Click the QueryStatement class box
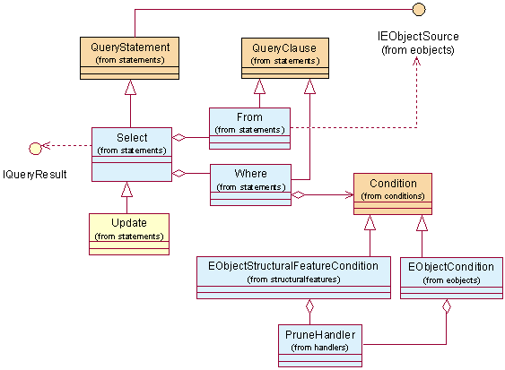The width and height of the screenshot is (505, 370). tap(129, 58)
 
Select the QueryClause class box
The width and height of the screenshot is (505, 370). tap(285, 58)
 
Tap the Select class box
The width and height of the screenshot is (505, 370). tap(132, 154)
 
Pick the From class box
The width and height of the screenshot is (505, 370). tap(249, 128)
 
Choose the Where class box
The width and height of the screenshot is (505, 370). tap(250, 185)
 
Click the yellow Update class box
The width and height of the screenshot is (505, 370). tap(129, 234)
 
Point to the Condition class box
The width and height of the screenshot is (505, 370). tap(393, 194)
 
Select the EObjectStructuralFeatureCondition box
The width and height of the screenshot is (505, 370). tap(293, 278)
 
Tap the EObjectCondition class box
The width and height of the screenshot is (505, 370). tap(451, 278)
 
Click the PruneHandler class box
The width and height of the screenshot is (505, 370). tap(320, 346)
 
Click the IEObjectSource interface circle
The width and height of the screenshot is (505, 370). tap(419, 9)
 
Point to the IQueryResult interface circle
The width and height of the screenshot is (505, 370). tap(35, 149)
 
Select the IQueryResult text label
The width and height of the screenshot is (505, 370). tap(35, 175)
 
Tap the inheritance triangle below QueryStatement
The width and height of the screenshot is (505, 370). tap(130, 87)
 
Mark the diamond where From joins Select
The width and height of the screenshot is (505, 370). tap(178, 138)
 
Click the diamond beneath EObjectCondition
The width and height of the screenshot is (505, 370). tap(447, 306)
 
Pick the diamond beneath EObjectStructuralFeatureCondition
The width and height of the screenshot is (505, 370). tap(309, 306)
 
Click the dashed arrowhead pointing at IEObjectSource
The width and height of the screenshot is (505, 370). tap(417, 61)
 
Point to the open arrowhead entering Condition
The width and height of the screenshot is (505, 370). tap(350, 194)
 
